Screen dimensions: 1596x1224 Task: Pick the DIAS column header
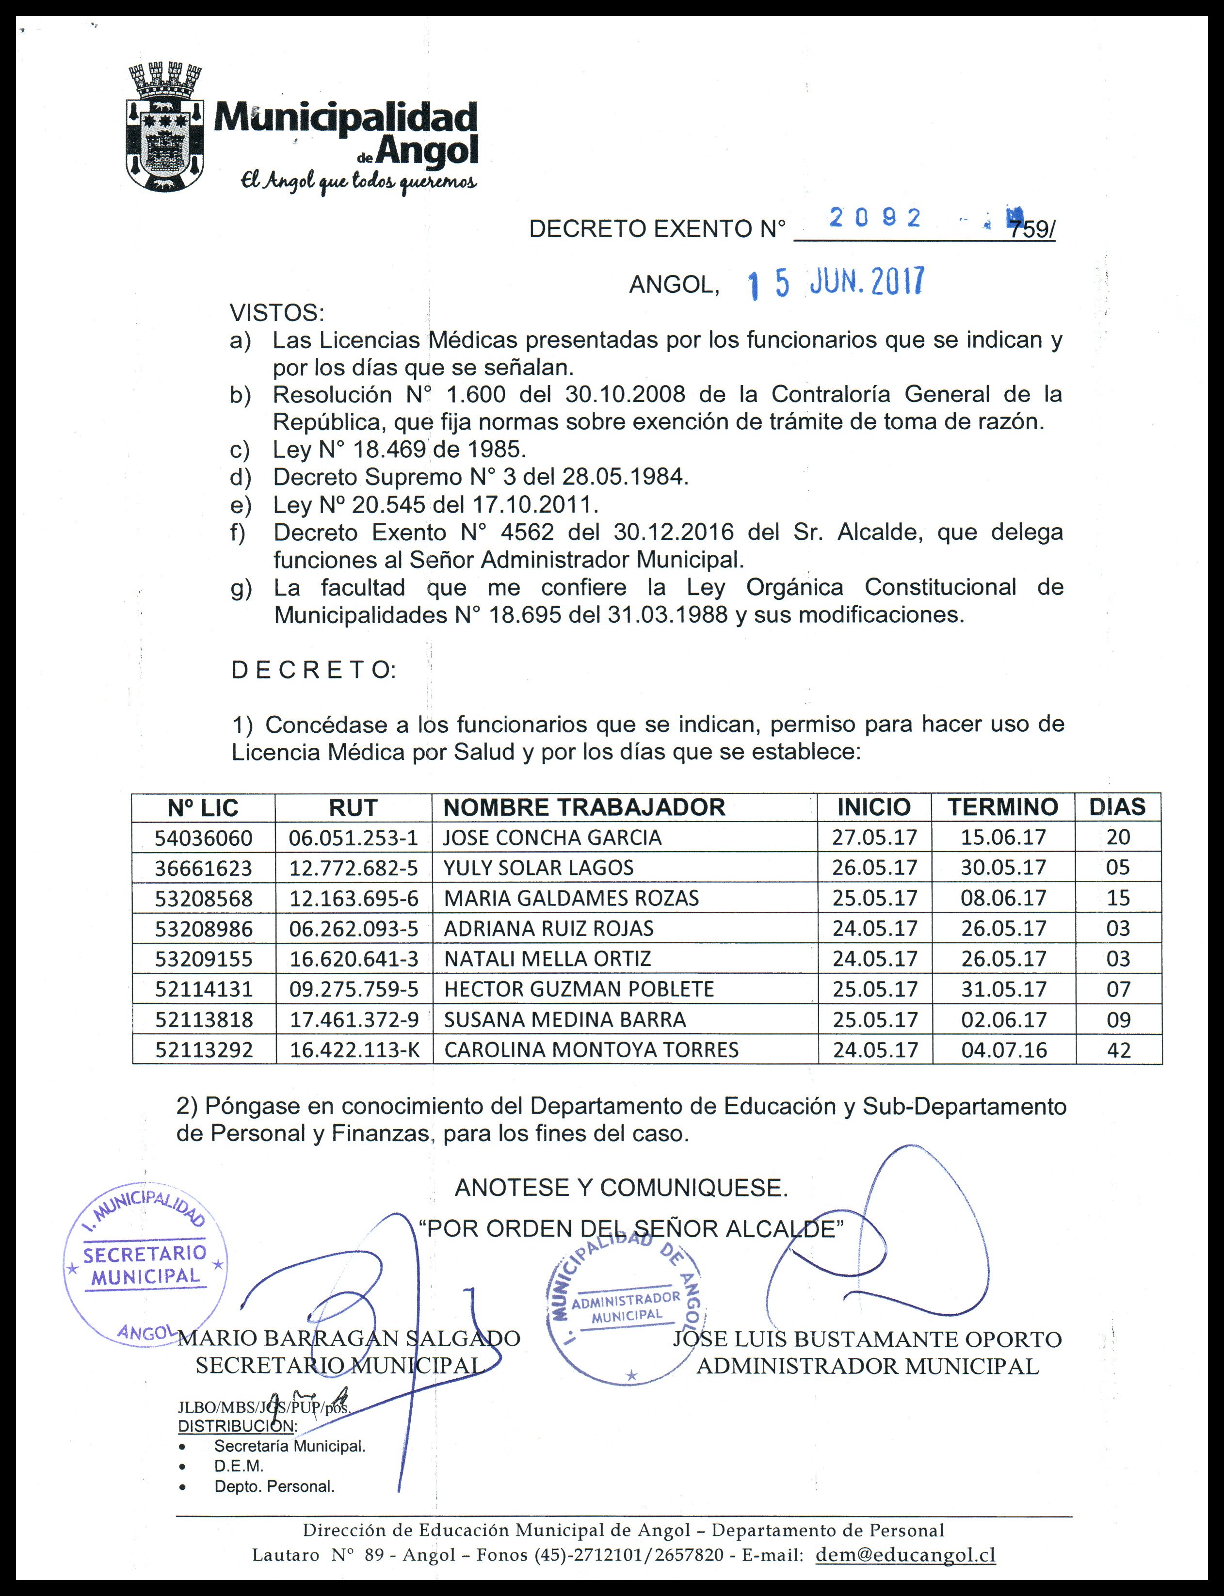tap(1117, 806)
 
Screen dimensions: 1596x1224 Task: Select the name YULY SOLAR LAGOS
tap(538, 868)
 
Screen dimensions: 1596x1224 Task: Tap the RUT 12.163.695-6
tap(354, 898)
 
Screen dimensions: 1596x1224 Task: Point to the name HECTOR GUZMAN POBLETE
tap(579, 989)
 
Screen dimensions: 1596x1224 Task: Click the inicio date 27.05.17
tap(874, 838)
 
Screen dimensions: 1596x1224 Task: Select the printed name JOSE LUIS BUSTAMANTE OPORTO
tap(867, 1339)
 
